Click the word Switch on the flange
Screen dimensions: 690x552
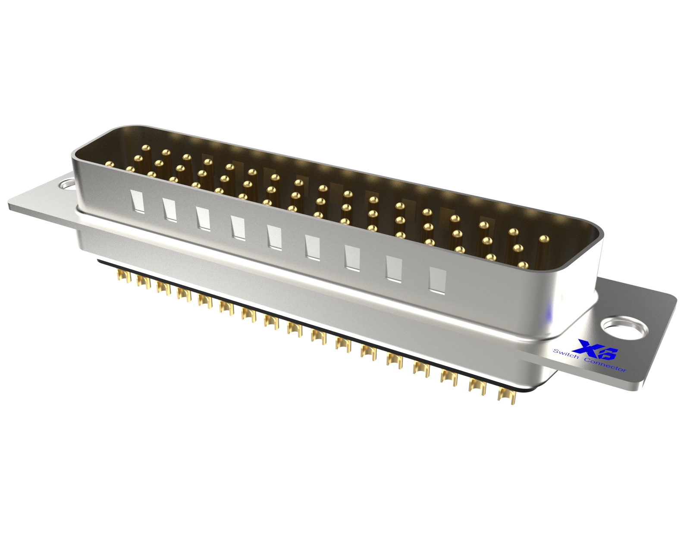tap(566, 354)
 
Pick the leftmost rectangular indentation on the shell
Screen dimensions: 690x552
tap(137, 201)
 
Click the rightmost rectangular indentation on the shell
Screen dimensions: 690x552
tap(437, 280)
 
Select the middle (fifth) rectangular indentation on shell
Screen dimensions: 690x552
tap(274, 237)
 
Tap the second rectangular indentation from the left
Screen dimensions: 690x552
tap(169, 210)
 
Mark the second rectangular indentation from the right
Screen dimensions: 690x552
tap(394, 269)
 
